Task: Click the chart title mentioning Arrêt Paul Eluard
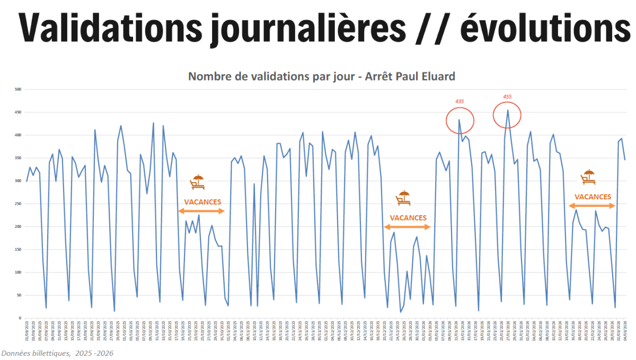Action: (x=322, y=76)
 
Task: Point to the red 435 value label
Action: (x=460, y=101)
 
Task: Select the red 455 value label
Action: (x=507, y=96)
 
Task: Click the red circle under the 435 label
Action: (x=460, y=120)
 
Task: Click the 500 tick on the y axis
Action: (x=17, y=90)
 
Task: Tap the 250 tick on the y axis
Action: (x=17, y=204)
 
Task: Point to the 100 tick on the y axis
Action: (x=17, y=273)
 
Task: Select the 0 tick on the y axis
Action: (x=19, y=318)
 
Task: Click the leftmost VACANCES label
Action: (x=202, y=202)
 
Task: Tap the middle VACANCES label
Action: (x=408, y=218)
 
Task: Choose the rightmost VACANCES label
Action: (x=593, y=197)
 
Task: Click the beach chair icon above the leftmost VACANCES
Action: (x=198, y=182)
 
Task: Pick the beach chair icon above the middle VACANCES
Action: (x=403, y=198)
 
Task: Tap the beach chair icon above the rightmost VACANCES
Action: (x=588, y=177)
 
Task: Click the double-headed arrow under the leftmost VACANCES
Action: (x=202, y=212)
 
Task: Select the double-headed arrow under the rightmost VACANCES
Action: (x=592, y=206)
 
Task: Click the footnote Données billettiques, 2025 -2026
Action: (x=57, y=353)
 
